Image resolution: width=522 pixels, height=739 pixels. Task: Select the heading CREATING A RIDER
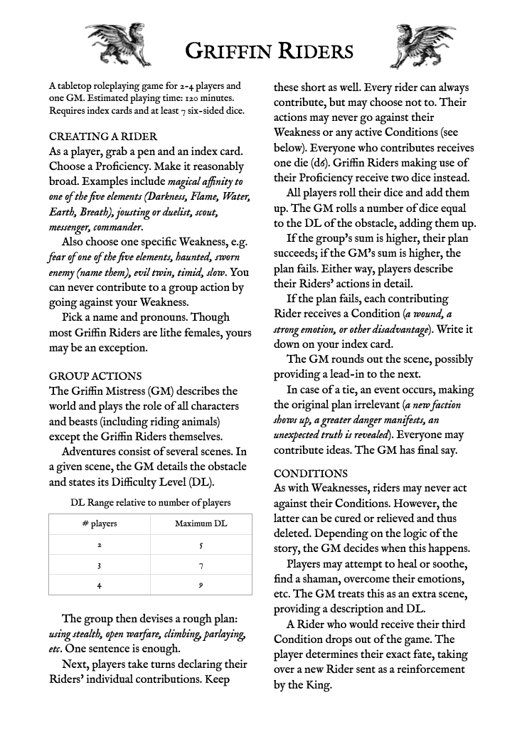click(x=103, y=136)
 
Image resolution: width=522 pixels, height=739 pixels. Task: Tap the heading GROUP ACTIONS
click(x=95, y=376)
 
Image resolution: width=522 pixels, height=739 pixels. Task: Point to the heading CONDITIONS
click(x=311, y=473)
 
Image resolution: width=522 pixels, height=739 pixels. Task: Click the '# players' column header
click(x=100, y=524)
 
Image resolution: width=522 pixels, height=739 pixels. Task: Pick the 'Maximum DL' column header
click(x=201, y=524)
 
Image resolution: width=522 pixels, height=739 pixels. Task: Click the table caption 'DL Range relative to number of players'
click(x=150, y=503)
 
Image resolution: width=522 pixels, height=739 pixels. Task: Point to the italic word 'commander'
click(x=117, y=228)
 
